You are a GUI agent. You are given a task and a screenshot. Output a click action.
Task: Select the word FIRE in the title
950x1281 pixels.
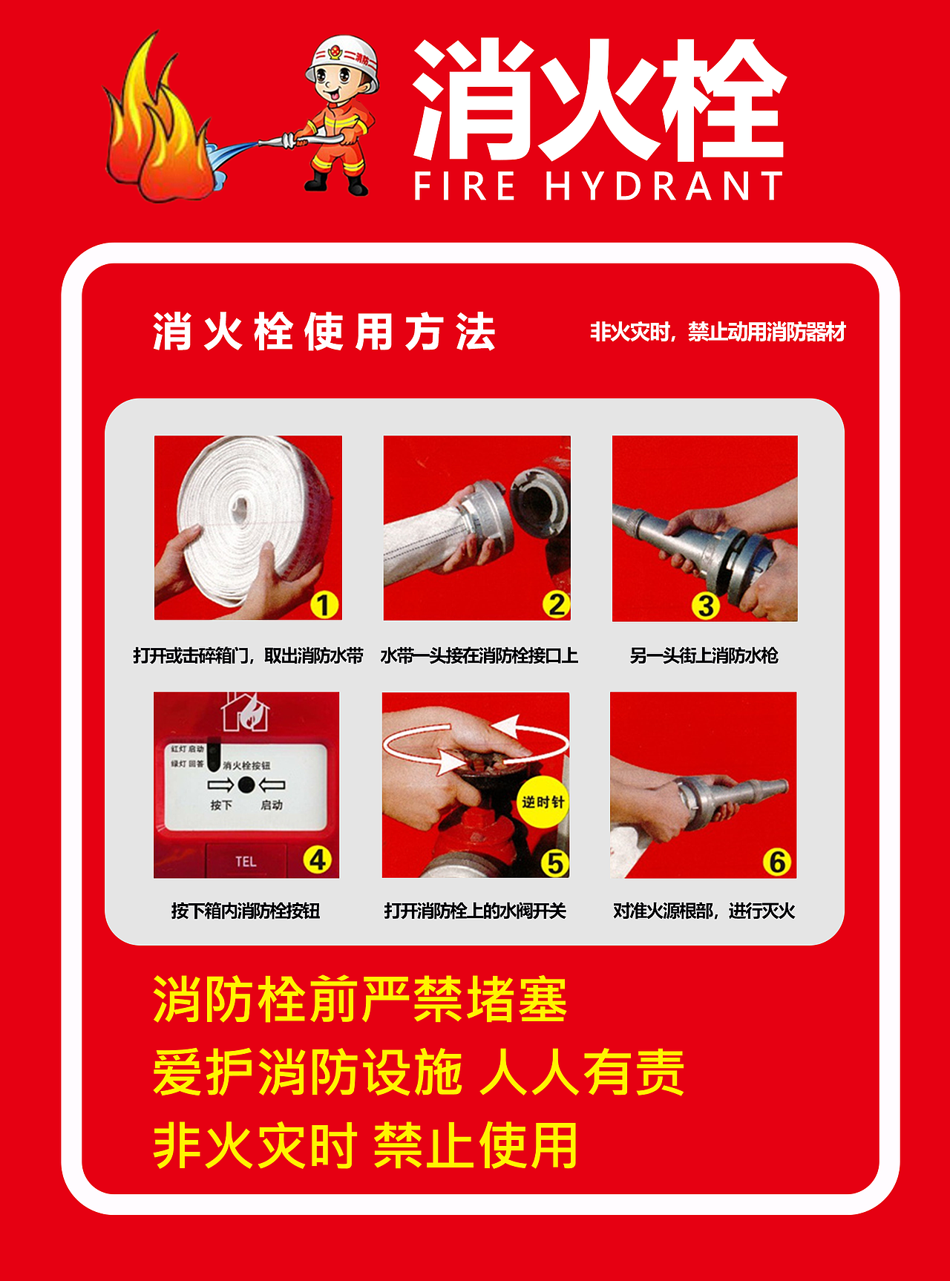(x=465, y=186)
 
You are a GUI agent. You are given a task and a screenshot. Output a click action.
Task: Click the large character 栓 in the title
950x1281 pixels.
(x=723, y=100)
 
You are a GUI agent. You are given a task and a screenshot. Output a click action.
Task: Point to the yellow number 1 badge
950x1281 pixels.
(x=324, y=605)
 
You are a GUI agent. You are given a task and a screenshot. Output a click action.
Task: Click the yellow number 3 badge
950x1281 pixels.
(x=705, y=606)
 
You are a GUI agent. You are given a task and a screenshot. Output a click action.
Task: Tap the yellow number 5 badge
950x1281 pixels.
(x=554, y=862)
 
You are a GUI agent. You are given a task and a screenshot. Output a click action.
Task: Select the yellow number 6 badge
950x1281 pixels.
(x=777, y=862)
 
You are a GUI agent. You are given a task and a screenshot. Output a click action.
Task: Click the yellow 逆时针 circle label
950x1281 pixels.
(x=543, y=802)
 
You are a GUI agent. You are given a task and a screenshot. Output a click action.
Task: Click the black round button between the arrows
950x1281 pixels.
(x=246, y=784)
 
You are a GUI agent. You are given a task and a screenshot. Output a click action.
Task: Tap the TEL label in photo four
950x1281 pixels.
(x=246, y=862)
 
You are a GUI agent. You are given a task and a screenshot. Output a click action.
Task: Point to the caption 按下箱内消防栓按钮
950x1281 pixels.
(x=245, y=911)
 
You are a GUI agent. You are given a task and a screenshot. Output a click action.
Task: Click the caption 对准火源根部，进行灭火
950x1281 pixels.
(x=704, y=911)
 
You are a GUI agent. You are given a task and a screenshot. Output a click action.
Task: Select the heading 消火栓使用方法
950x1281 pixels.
(x=324, y=332)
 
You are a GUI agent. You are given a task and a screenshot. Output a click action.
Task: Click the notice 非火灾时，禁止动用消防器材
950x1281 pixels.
(x=717, y=332)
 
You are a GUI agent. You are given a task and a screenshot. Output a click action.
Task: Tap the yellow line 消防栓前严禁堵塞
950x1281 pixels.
(x=360, y=1000)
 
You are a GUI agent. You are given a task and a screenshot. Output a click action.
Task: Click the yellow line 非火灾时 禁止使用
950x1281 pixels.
(x=365, y=1145)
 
